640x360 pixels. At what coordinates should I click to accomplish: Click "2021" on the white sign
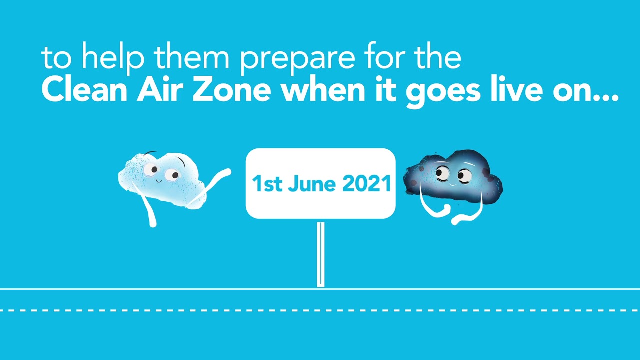(366, 184)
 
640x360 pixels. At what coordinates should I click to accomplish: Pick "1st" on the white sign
(267, 184)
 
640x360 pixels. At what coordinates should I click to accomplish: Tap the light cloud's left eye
(150, 170)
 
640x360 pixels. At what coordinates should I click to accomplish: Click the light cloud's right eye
(172, 175)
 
